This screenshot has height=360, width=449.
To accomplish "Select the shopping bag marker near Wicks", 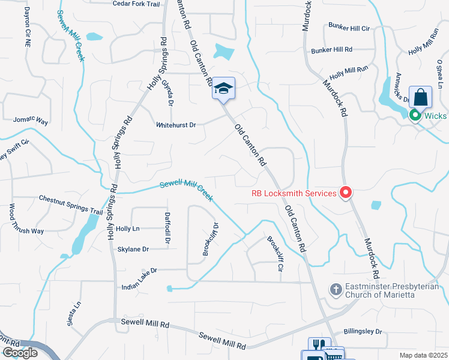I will (x=420, y=97).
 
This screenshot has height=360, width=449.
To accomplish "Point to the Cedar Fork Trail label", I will (x=137, y=4).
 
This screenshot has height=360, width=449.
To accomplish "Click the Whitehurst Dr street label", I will (x=176, y=125).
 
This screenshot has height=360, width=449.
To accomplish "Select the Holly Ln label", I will (x=127, y=229).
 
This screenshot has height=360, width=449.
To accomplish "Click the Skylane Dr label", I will (x=133, y=248).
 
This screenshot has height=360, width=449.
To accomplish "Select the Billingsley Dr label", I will (x=363, y=331).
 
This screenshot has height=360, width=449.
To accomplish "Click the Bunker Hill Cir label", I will (x=348, y=28).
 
